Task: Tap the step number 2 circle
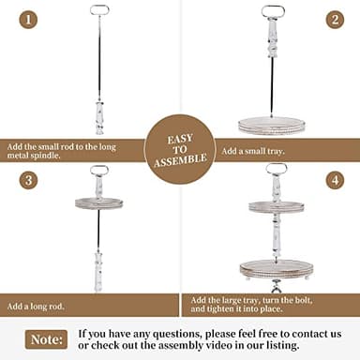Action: [334, 19]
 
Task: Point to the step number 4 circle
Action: [334, 179]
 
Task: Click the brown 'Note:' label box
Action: [46, 338]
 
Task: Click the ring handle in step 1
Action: [98, 10]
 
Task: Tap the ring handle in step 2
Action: [273, 11]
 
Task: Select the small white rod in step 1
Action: [98, 116]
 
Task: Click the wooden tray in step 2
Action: [272, 125]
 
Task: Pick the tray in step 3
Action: [98, 202]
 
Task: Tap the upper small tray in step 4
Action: [276, 206]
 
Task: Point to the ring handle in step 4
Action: [276, 170]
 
